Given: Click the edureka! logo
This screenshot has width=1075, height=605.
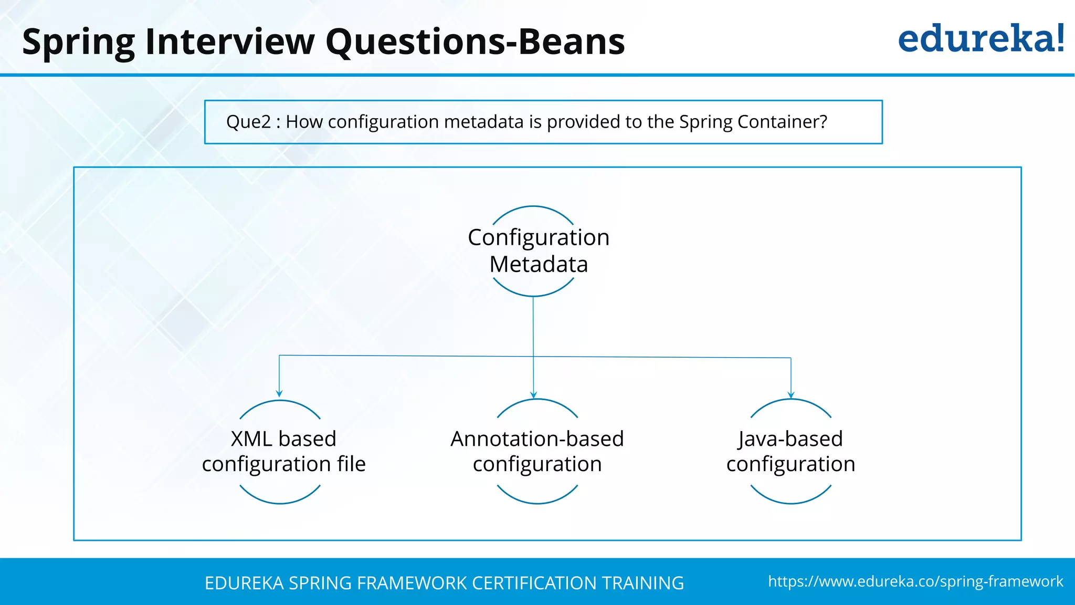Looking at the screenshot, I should pyautogui.click(x=981, y=39).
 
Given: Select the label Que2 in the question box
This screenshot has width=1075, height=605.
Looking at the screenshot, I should pyautogui.click(x=248, y=122).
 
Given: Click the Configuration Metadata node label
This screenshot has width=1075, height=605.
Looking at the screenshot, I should pyautogui.click(x=538, y=251).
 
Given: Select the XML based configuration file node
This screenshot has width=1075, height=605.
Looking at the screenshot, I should pyautogui.click(x=283, y=451).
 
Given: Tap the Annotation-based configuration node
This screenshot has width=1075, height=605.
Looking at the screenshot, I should pyautogui.click(x=537, y=451).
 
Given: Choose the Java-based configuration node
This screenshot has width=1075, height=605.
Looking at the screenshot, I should pyautogui.click(x=791, y=451).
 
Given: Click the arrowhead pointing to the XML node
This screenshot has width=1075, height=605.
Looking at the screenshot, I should pyautogui.click(x=279, y=393).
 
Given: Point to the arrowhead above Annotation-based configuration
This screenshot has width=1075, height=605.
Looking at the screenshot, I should pyautogui.click(x=534, y=395).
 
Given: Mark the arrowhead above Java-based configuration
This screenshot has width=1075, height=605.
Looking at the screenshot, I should pyautogui.click(x=791, y=395).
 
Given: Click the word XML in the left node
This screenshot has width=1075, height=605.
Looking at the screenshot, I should pyautogui.click(x=251, y=439).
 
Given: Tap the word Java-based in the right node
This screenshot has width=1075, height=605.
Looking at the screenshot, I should pyautogui.click(x=791, y=439).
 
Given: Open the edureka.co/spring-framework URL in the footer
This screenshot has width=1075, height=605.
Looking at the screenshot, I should pyautogui.click(x=915, y=581).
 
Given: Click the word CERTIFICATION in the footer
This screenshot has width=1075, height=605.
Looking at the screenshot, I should pyautogui.click(x=534, y=583).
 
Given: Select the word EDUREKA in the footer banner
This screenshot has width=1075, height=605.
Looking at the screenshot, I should pyautogui.click(x=244, y=583).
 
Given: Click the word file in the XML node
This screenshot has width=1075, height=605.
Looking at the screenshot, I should pyautogui.click(x=351, y=464).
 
